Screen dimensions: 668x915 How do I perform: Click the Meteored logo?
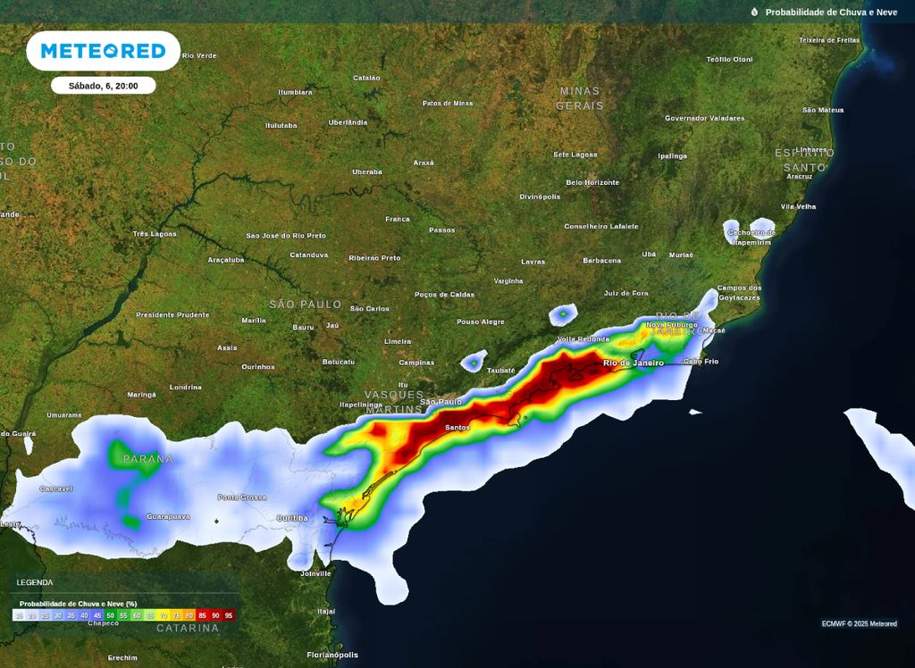click(103, 51)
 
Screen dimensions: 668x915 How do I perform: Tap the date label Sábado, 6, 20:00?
click(103, 86)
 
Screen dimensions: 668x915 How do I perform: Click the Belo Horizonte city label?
click(592, 182)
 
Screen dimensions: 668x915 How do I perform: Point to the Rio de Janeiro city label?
click(634, 363)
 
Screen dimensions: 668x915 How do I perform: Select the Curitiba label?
click(292, 518)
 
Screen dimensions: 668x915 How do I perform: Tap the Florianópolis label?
click(332, 655)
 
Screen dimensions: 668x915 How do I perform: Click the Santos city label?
click(457, 428)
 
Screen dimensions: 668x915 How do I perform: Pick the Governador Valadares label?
click(704, 118)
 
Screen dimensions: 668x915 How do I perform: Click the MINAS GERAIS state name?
click(580, 98)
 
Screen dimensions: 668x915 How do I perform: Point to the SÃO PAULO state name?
click(306, 305)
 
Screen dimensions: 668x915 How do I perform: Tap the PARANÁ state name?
click(148, 459)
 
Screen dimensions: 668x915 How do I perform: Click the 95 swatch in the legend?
click(229, 615)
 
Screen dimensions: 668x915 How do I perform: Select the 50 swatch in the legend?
click(111, 615)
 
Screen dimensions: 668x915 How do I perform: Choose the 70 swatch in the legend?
click(163, 615)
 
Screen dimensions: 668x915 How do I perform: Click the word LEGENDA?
click(35, 582)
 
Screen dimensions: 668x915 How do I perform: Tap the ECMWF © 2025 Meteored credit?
click(859, 624)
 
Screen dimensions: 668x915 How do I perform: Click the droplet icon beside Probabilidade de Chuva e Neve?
click(754, 13)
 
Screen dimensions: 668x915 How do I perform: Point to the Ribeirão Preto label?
click(374, 257)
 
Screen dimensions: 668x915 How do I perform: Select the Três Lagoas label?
click(155, 234)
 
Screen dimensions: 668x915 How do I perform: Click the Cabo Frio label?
click(701, 362)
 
